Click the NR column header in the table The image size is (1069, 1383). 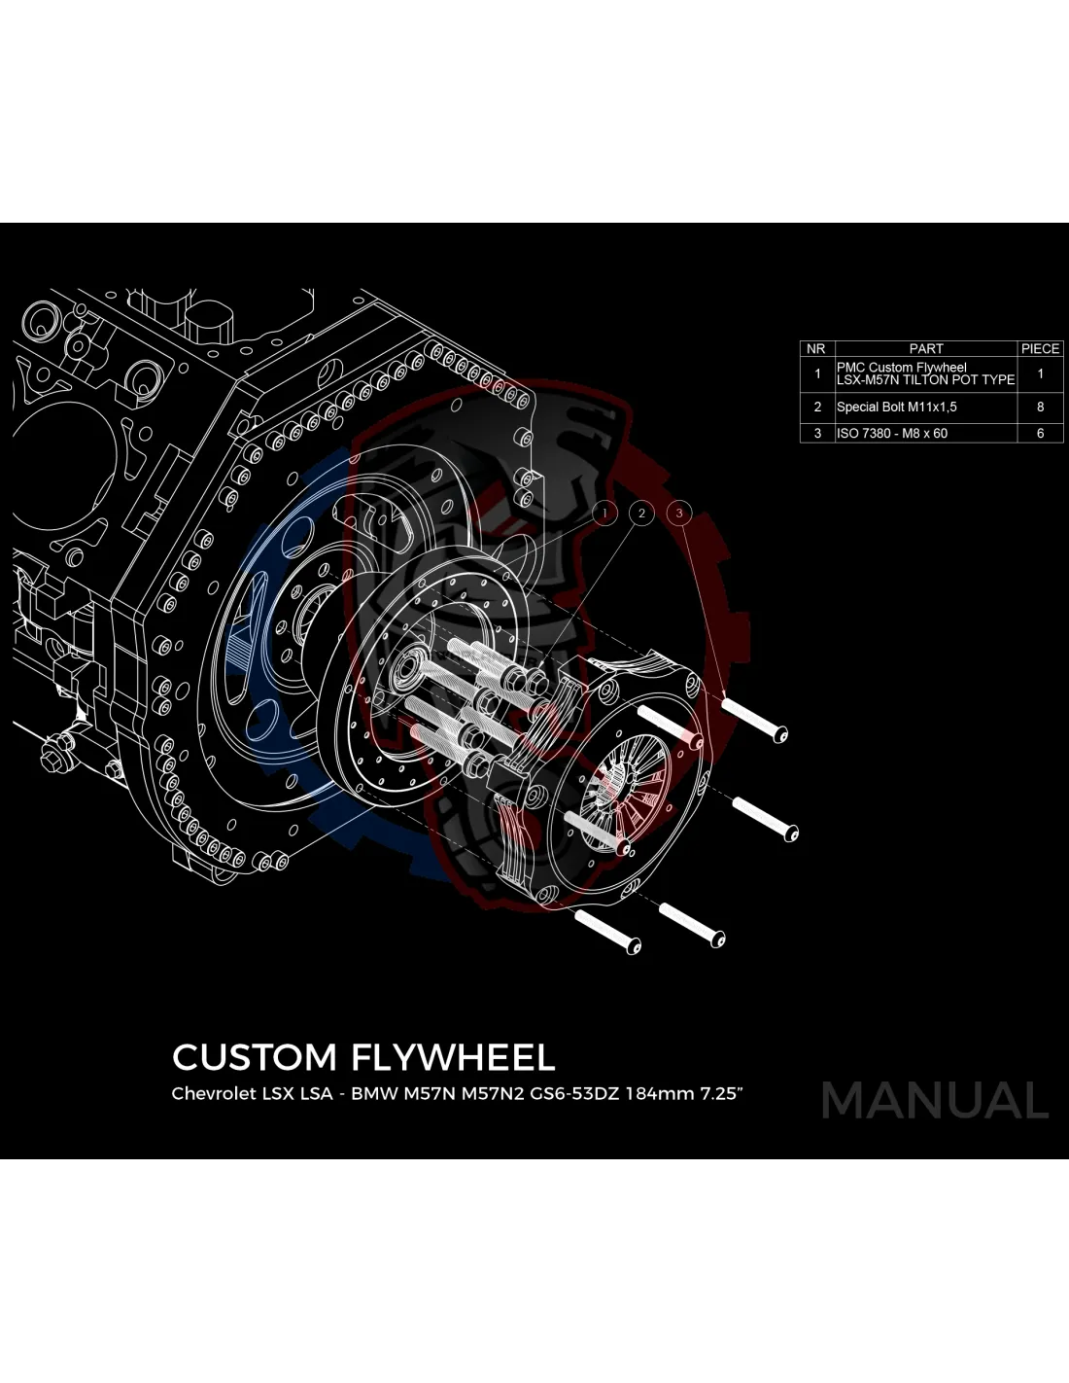pos(816,348)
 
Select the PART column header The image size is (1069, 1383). pos(925,348)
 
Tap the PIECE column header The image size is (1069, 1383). pos(1040,348)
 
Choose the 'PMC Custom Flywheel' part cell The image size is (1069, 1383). pos(924,373)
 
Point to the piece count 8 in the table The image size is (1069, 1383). pos(1040,407)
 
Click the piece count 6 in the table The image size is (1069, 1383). pos(1040,433)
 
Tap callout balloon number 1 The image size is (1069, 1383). pos(604,513)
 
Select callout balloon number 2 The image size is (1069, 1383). pos(641,513)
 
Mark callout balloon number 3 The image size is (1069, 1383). pos(679,513)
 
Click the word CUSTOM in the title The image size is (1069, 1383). pos(255,1057)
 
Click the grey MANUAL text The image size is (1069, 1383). pos(935,1100)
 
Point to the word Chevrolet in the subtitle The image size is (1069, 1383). pos(212,1093)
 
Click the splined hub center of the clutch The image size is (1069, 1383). pos(618,778)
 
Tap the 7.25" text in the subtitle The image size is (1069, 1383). pos(721,1093)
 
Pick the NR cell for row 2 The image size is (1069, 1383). pos(816,407)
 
